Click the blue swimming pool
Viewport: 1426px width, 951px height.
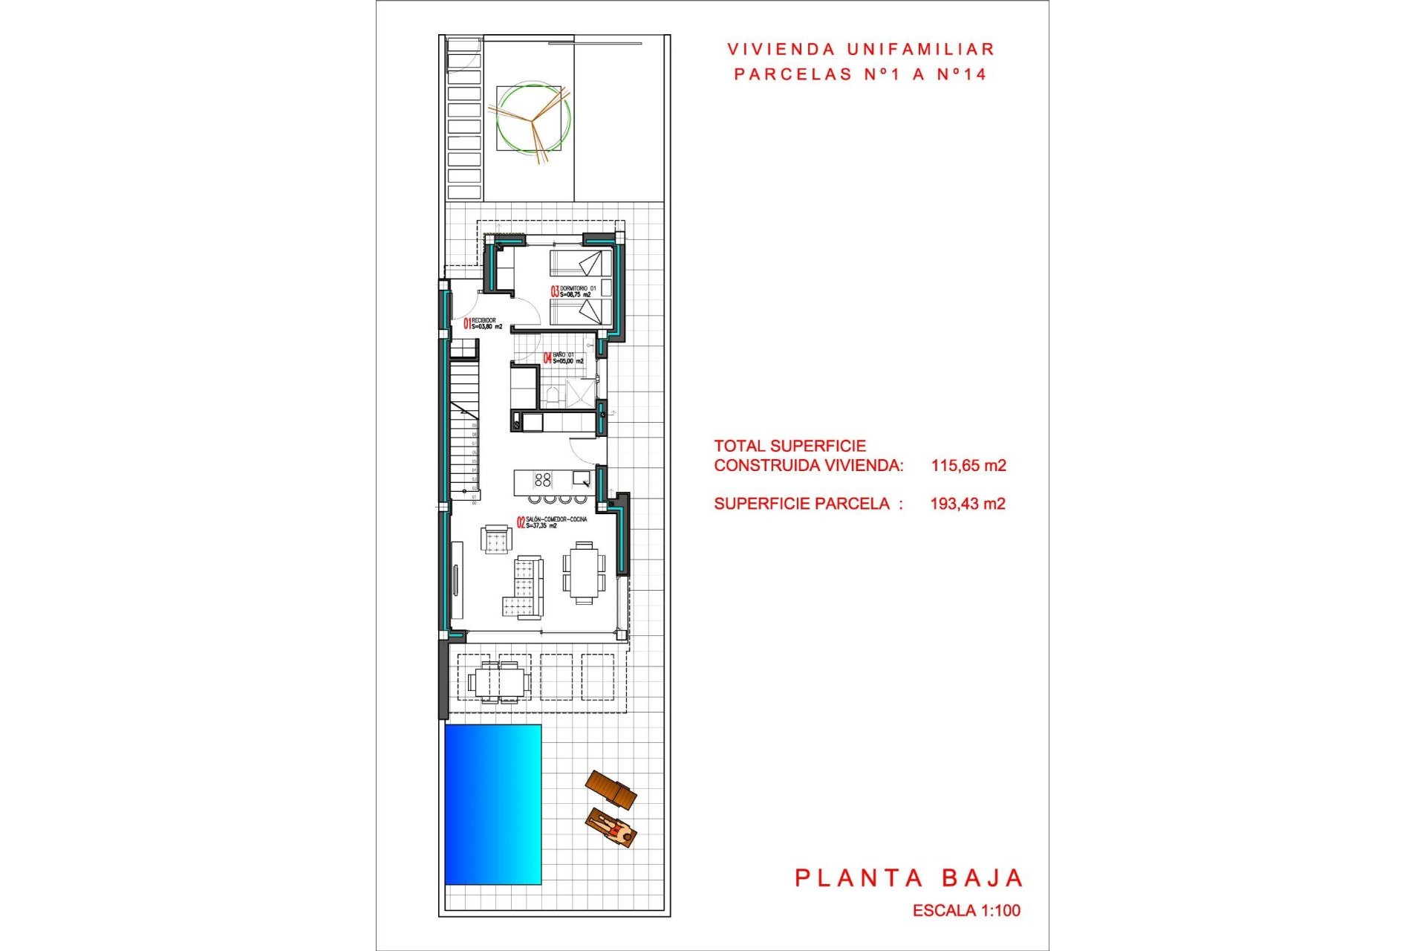(492, 804)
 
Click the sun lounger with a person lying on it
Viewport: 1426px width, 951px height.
(611, 828)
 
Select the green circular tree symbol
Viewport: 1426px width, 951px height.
(533, 119)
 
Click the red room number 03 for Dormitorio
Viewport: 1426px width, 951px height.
(554, 291)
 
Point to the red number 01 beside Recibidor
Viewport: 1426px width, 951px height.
(467, 323)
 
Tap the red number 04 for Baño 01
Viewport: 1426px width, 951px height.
(547, 358)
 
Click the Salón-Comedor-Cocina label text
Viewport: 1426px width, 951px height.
(556, 519)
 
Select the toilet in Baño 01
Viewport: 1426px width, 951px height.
(551, 395)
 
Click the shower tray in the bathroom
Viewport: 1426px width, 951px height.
(579, 393)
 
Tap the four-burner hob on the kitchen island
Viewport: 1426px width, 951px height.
(543, 480)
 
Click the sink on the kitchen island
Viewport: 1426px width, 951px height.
(581, 478)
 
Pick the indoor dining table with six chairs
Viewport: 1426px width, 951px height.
(584, 571)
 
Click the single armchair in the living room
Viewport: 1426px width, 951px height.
(496, 539)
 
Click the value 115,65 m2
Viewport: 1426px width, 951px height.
(968, 466)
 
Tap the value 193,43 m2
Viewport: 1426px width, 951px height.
(968, 504)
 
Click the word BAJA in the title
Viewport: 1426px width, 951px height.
(983, 878)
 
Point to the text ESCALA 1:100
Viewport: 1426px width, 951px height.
(966, 910)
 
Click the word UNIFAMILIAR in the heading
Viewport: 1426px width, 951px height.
(920, 50)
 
